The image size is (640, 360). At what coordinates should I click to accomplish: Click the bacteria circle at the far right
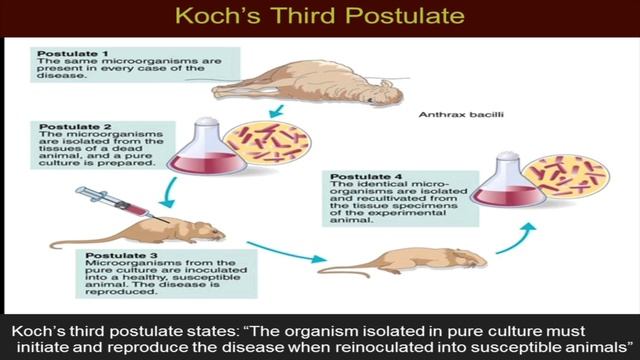[x=566, y=174]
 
